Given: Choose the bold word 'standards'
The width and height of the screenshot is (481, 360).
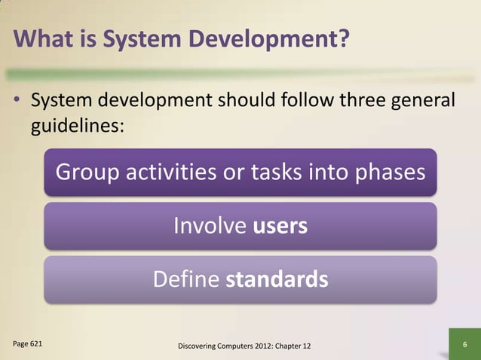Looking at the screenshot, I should pos(277,280).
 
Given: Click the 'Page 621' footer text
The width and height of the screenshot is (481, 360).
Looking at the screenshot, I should pos(28,343).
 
